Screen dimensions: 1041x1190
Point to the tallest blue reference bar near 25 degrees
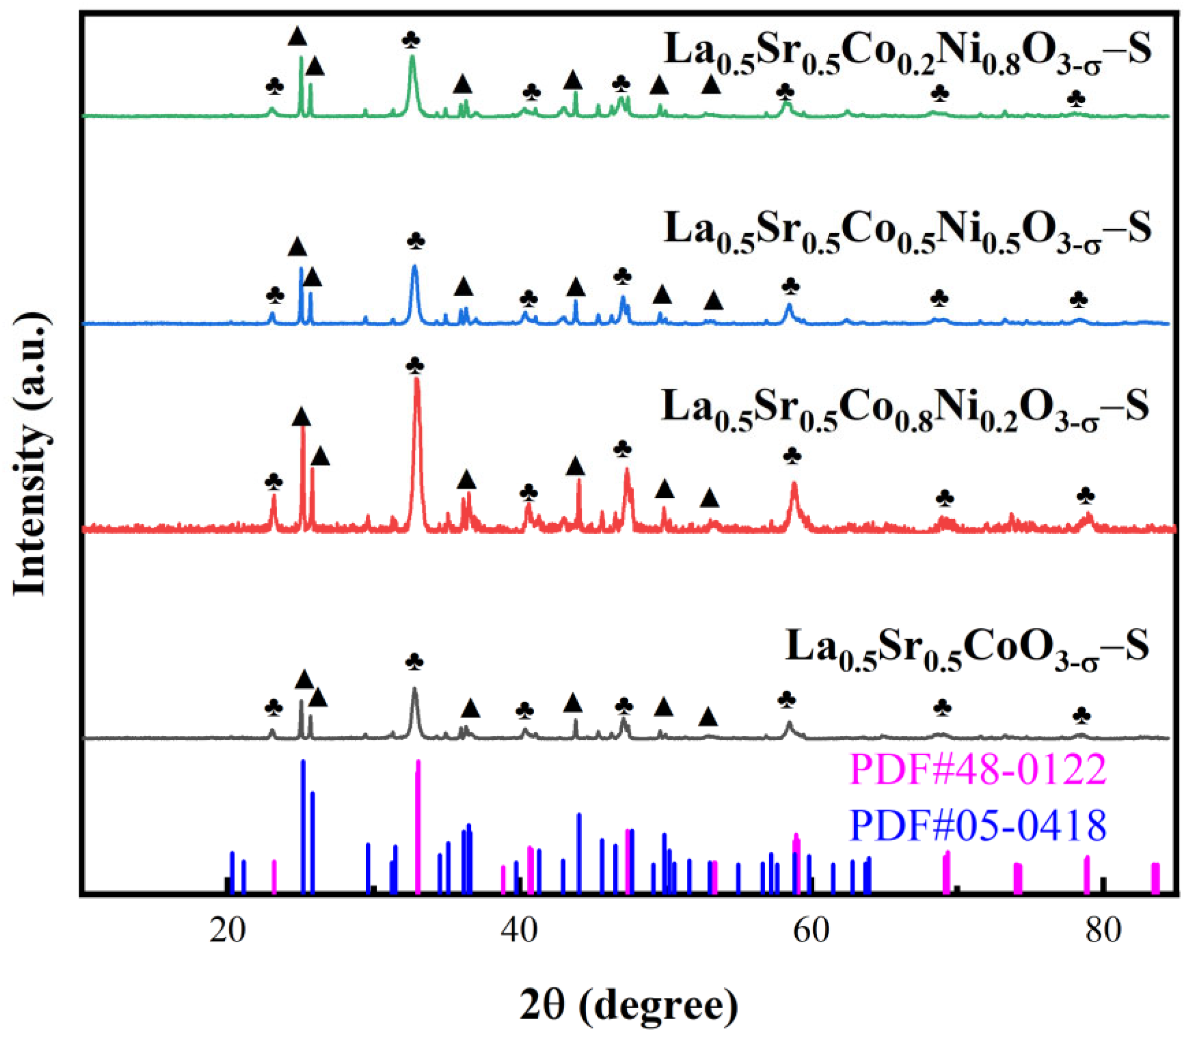pyautogui.click(x=303, y=813)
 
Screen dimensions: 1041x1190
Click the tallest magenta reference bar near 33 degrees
pyautogui.click(x=418, y=813)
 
